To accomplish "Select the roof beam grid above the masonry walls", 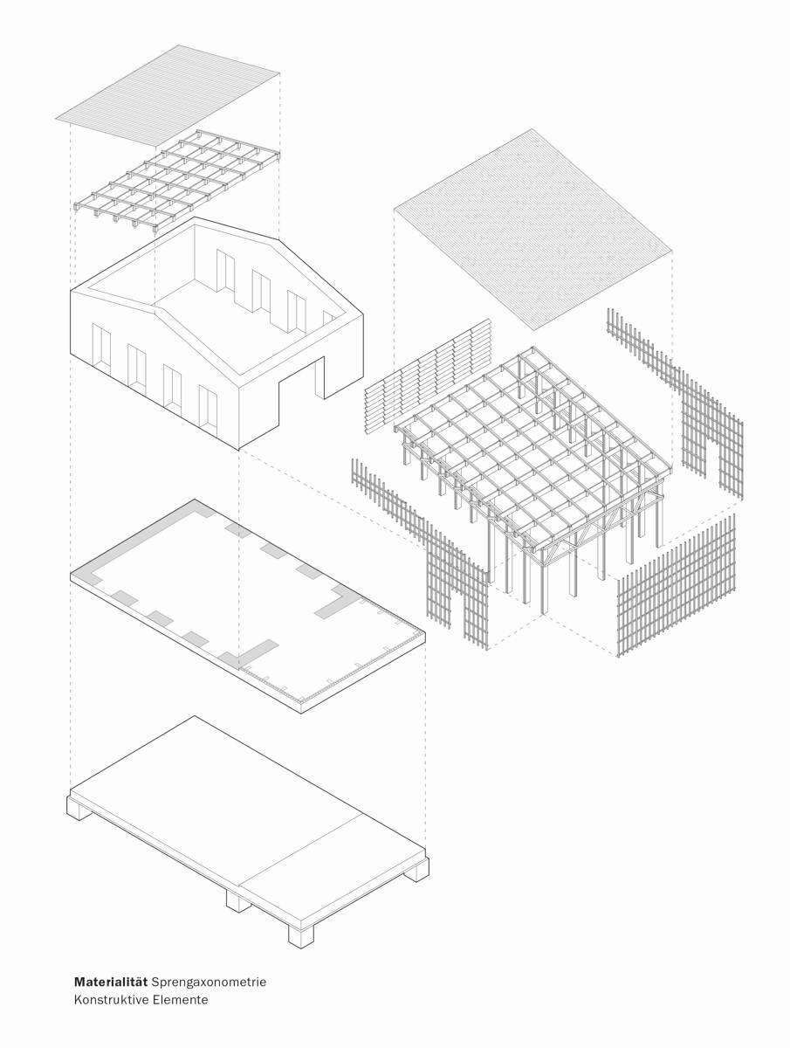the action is [x=176, y=182].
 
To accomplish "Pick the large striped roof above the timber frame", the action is [x=532, y=229].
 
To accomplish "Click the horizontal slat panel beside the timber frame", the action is [x=428, y=376].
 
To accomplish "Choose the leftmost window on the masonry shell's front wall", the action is [x=101, y=349].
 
